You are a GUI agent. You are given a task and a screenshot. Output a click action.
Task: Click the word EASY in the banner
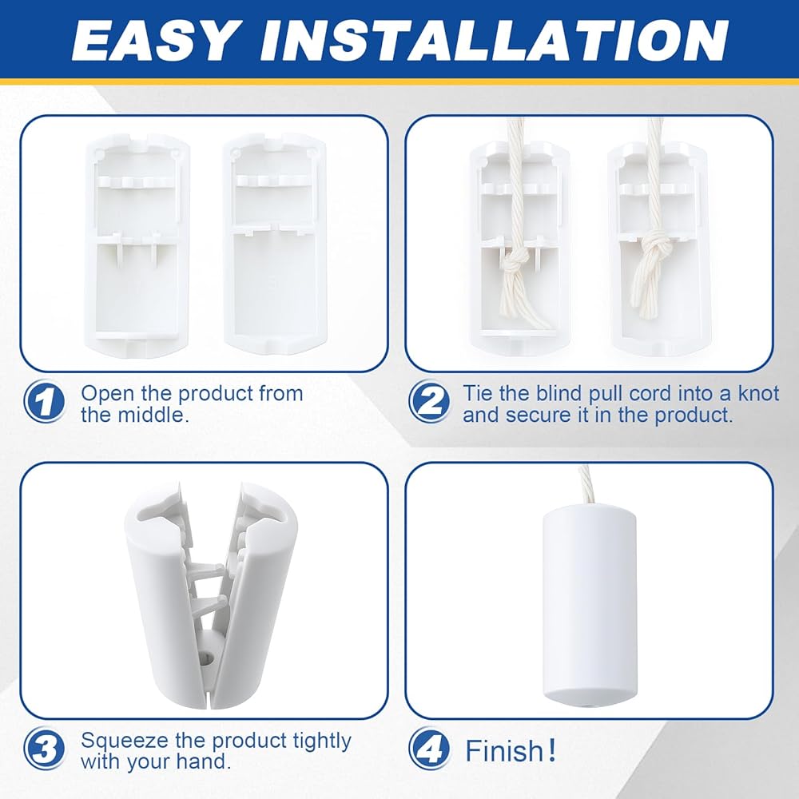click(x=155, y=41)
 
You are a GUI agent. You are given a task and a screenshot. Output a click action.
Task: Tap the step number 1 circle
click(x=44, y=401)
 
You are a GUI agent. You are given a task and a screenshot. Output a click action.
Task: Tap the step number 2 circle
click(x=429, y=401)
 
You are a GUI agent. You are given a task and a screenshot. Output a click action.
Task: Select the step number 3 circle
click(x=44, y=749)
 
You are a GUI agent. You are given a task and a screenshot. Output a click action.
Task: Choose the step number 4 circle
click(x=429, y=749)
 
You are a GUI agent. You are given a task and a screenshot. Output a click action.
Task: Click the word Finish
click(x=503, y=750)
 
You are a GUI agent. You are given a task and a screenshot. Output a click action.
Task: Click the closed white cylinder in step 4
click(x=589, y=605)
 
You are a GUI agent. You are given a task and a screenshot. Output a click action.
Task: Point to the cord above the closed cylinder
click(x=586, y=485)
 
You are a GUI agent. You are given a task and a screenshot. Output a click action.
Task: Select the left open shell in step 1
click(x=137, y=245)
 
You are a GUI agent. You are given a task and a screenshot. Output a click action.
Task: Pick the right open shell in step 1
click(x=275, y=244)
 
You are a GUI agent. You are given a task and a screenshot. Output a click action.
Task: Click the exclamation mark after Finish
click(x=551, y=750)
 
